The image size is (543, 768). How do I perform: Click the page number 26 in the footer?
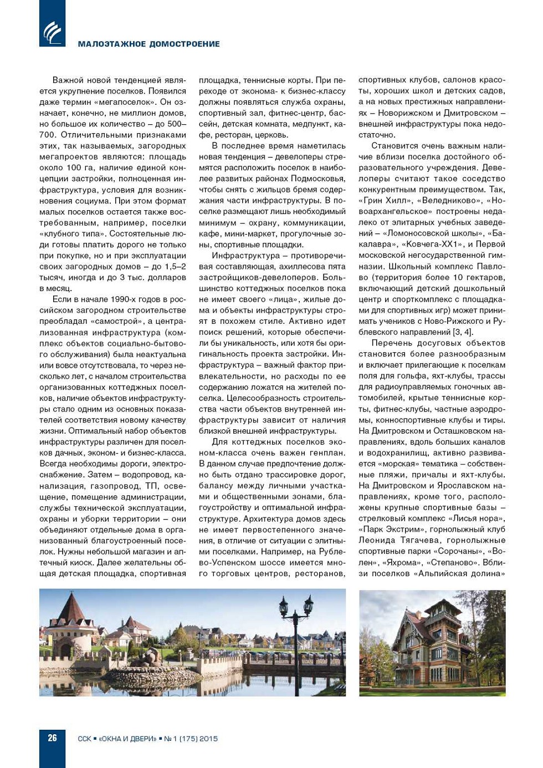click(x=52, y=738)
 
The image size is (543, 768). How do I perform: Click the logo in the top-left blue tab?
click(x=52, y=32)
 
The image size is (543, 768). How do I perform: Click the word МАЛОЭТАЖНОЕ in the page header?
click(x=111, y=44)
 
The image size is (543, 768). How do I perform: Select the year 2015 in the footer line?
click(x=208, y=739)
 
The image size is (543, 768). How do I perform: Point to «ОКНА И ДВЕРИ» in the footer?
click(x=127, y=739)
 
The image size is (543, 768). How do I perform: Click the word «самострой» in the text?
click(x=112, y=321)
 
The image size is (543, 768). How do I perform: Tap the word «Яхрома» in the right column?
click(x=403, y=562)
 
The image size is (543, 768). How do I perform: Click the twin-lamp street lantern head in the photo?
click(x=296, y=605)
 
